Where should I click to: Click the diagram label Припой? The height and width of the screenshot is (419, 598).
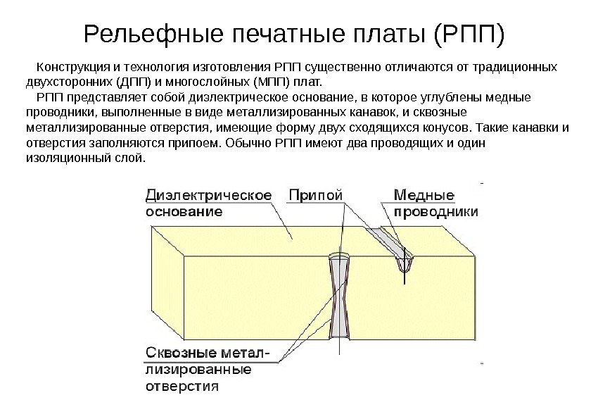pyautogui.click(x=316, y=194)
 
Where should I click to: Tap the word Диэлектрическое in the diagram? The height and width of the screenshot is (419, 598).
pyautogui.click(x=209, y=194)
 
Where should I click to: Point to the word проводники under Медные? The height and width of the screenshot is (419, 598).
pyautogui.click(x=435, y=211)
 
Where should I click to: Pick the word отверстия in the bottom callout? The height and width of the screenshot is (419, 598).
pyautogui.click(x=182, y=385)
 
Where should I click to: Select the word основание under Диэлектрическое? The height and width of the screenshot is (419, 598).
pyautogui.click(x=184, y=211)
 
